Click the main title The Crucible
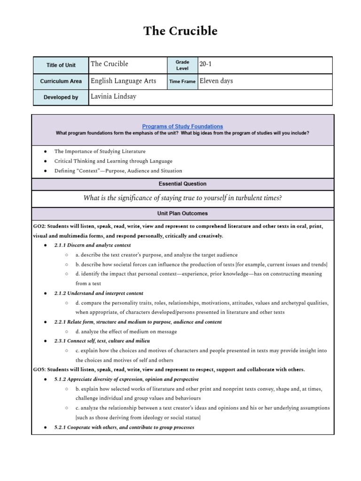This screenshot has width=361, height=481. point(180,31)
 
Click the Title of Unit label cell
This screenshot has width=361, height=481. point(61,65)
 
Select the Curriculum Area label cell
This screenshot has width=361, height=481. point(61,81)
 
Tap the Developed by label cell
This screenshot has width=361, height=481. point(61,97)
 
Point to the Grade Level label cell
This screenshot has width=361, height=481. point(182,65)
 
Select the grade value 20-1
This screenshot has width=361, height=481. point(206,64)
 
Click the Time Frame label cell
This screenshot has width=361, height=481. point(182,81)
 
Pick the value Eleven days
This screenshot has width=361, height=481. point(216,81)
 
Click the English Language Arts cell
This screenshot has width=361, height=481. point(124,81)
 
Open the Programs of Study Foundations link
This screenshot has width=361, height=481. point(182,126)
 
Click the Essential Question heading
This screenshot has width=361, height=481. point(182,184)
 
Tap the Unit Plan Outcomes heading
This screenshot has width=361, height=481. point(182,213)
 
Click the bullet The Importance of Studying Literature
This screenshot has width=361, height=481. point(100,151)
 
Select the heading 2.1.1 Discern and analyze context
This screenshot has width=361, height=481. point(93,245)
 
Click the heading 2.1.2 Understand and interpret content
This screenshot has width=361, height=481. point(99,293)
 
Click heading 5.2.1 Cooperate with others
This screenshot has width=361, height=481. point(124,427)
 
